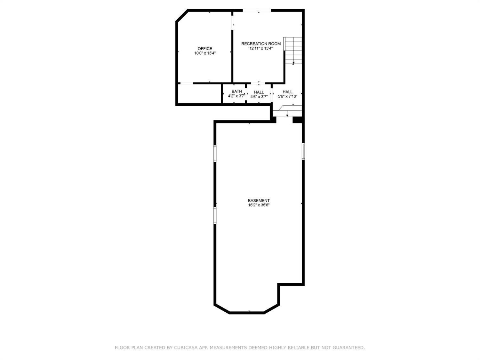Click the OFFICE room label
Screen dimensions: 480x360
pyautogui.click(x=205, y=49)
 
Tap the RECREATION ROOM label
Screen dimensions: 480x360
pyautogui.click(x=261, y=44)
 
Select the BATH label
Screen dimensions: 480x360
pyautogui.click(x=237, y=92)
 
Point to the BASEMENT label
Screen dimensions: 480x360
pyautogui.click(x=259, y=200)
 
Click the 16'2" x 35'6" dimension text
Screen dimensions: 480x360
pyautogui.click(x=259, y=205)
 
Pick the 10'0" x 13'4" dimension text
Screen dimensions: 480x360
pyautogui.click(x=205, y=53)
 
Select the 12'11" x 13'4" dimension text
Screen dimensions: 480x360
pyautogui.click(x=261, y=48)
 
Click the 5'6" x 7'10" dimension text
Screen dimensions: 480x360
pyautogui.click(x=288, y=96)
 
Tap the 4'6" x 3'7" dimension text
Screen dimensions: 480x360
pyautogui.click(x=259, y=97)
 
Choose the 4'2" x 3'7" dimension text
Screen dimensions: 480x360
pyautogui.click(x=236, y=96)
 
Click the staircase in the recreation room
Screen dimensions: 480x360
pyautogui.click(x=293, y=51)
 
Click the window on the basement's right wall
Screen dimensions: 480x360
pyautogui.click(x=303, y=151)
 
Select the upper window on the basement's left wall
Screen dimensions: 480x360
pyautogui.click(x=215, y=154)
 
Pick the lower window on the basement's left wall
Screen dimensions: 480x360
pyautogui.click(x=215, y=215)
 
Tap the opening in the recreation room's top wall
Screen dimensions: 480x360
pyautogui.click(x=257, y=11)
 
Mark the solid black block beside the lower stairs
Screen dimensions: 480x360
pyautogui.click(x=298, y=120)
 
